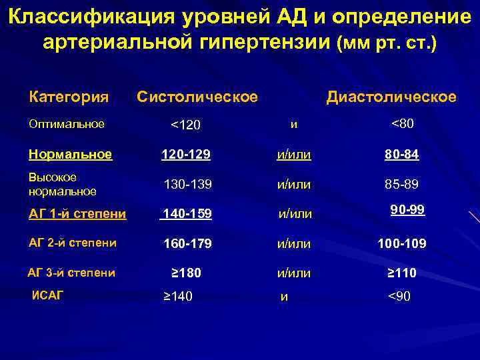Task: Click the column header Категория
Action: [69, 97]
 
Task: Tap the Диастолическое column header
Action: [391, 97]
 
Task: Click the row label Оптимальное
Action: [66, 123]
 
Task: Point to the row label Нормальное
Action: [70, 155]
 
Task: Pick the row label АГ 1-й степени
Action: [77, 213]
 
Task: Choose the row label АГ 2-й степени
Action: [73, 243]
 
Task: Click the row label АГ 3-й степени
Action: [71, 272]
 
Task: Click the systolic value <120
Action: [186, 125]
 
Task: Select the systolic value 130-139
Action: [188, 184]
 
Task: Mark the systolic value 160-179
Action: [187, 244]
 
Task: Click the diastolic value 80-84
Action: [401, 155]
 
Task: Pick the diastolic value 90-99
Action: [407, 210]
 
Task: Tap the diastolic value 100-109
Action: [402, 244]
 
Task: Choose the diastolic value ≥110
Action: [402, 273]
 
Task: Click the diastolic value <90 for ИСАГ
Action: [399, 296]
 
